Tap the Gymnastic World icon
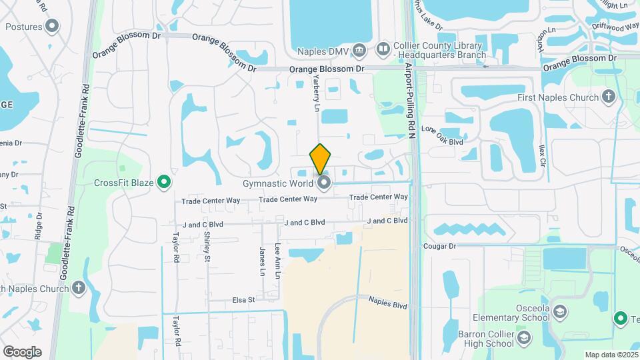point(325,183)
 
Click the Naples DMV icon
point(359,49)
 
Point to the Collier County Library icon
point(383,49)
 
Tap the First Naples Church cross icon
point(607,97)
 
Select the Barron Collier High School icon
point(524,339)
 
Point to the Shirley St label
point(207,246)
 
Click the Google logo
point(22,351)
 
